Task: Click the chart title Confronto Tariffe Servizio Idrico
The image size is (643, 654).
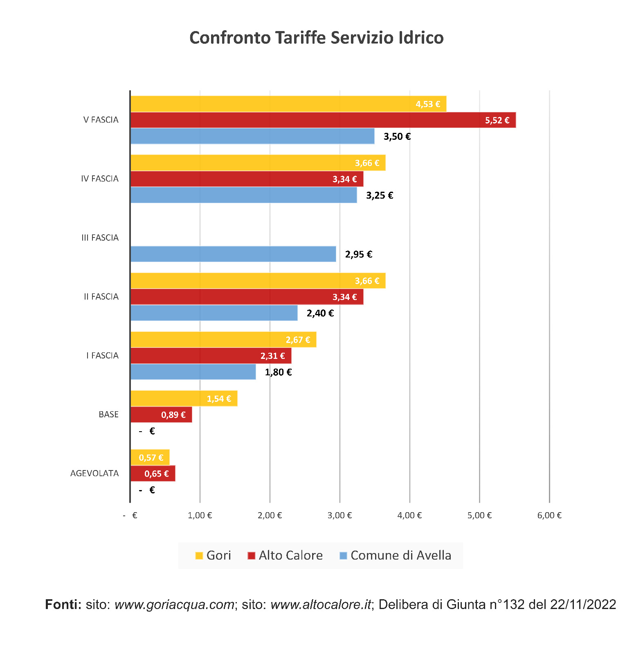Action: (316, 38)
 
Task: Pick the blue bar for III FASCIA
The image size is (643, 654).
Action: (233, 254)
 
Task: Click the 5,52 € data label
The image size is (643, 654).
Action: (497, 120)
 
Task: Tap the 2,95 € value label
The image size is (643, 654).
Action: (358, 254)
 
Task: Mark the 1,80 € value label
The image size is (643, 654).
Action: (278, 372)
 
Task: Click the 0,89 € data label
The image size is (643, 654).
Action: (173, 415)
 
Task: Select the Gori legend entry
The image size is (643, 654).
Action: (213, 555)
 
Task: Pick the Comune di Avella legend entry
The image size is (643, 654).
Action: (396, 555)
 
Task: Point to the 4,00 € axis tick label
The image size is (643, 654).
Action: (409, 515)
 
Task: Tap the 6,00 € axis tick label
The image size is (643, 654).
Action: (549, 515)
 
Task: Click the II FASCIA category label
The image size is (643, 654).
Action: (101, 297)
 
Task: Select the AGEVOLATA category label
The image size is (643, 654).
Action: (94, 473)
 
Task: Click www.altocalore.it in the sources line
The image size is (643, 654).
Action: (321, 604)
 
